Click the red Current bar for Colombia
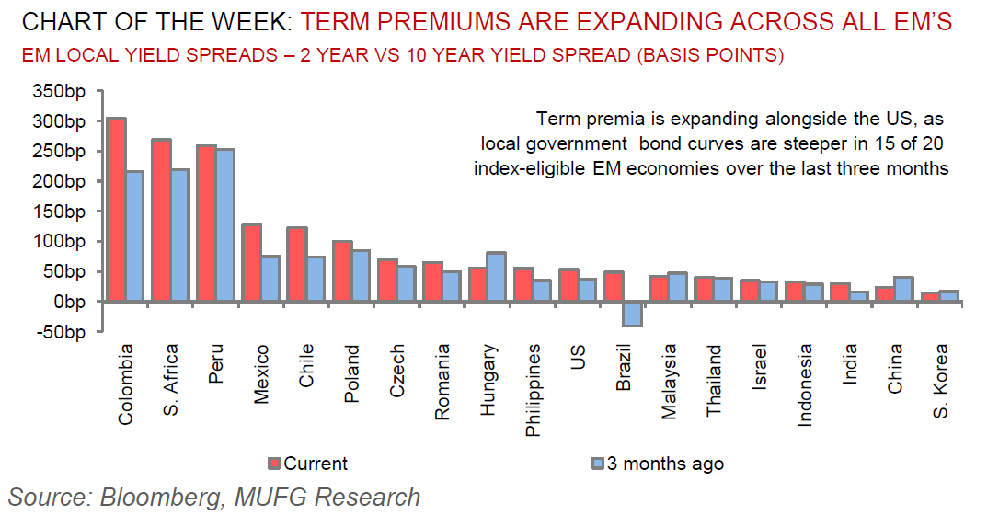[117, 209]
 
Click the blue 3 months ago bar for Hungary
[496, 277]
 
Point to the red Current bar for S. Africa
[161, 220]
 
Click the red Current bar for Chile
[296, 264]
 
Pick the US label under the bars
[578, 358]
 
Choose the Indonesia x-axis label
[805, 384]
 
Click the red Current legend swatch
[274, 464]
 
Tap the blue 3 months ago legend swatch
[597, 464]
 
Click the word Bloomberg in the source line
[157, 498]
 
